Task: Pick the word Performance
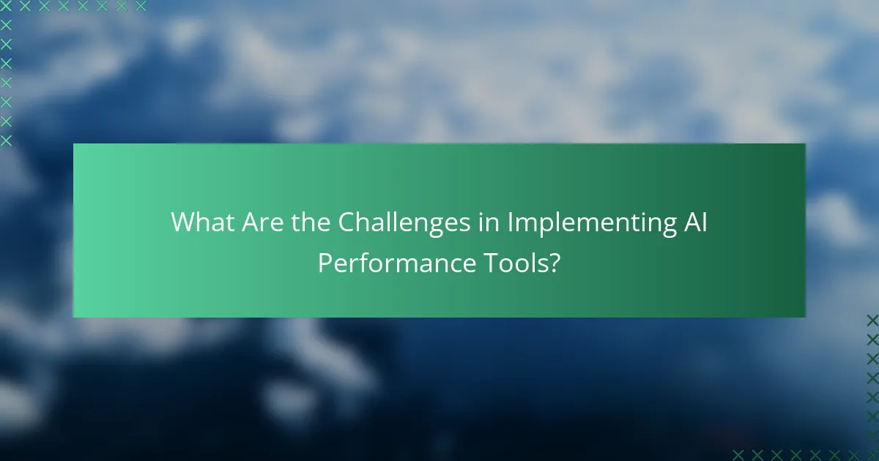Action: click(396, 263)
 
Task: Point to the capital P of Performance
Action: click(324, 263)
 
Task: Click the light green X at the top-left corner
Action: click(6, 6)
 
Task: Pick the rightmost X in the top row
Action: click(141, 6)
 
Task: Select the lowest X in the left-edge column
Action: click(6, 140)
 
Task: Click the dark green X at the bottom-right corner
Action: click(872, 454)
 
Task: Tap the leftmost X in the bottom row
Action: click(738, 454)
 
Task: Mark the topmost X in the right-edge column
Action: click(872, 320)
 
